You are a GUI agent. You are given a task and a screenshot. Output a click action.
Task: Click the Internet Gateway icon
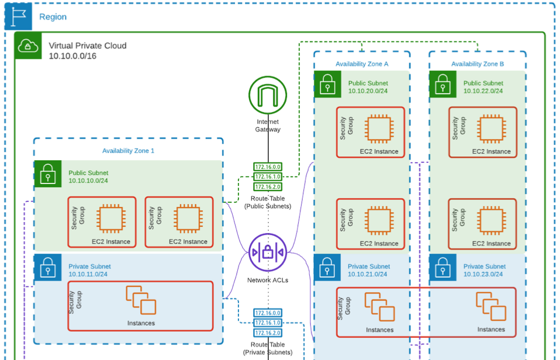[268, 95]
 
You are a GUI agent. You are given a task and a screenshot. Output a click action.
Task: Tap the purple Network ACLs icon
[268, 253]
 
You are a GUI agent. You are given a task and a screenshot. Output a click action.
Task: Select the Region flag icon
[19, 16]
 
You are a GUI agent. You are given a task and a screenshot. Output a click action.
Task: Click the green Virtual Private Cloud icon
[28, 46]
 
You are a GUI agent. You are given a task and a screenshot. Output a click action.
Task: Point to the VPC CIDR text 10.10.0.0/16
[72, 56]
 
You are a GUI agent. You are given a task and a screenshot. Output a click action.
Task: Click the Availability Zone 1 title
[128, 151]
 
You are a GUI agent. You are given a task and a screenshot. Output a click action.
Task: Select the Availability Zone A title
[362, 64]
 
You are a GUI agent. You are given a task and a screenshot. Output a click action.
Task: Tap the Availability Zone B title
[478, 64]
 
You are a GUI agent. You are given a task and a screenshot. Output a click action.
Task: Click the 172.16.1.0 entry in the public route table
[268, 176]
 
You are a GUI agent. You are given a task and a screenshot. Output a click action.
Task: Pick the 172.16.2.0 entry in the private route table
[268, 333]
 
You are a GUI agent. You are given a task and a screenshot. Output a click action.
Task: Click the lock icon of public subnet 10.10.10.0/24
[47, 174]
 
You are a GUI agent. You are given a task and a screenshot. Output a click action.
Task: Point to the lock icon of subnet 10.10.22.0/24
[443, 85]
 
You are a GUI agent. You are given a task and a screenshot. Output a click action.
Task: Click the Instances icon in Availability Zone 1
[141, 300]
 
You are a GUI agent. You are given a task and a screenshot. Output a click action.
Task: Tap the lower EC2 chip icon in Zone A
[378, 221]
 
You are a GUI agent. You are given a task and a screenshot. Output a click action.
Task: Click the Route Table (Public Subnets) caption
[268, 202]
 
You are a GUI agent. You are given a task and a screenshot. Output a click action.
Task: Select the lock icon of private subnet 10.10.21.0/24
[327, 268]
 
